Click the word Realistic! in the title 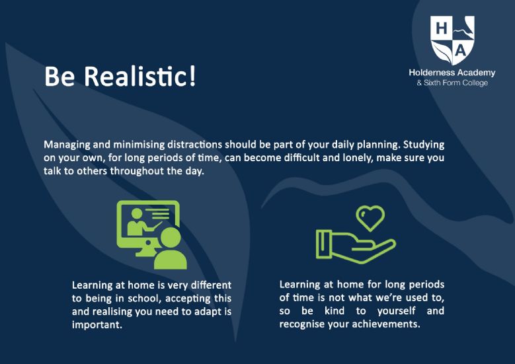pyautogui.click(x=140, y=76)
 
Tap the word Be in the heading pyautogui.click(x=59, y=77)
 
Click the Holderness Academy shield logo pyautogui.click(x=453, y=40)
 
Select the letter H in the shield pyautogui.click(x=442, y=28)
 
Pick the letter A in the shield pyautogui.click(x=461, y=51)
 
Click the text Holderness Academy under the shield pyautogui.click(x=452, y=73)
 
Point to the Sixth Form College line pyautogui.click(x=452, y=83)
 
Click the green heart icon pyautogui.click(x=370, y=218)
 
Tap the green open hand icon pyautogui.click(x=356, y=246)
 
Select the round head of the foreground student pyautogui.click(x=171, y=238)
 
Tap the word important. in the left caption pyautogui.click(x=97, y=325)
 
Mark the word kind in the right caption pyautogui.click(x=335, y=310)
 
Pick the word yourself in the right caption pyautogui.click(x=397, y=311)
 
